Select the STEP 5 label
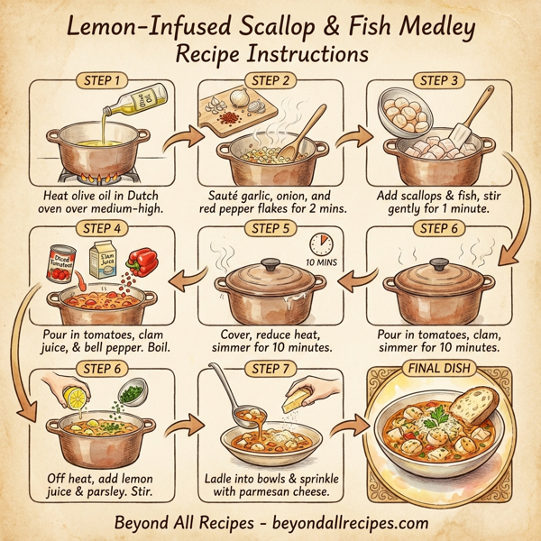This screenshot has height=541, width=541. [x=268, y=227]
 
